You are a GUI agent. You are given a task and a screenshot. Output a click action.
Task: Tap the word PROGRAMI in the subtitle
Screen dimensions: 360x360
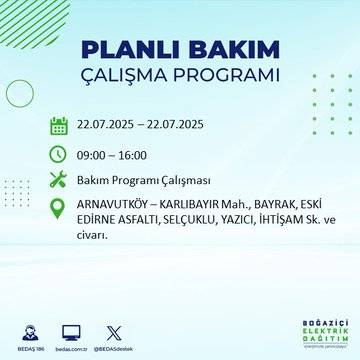(224, 76)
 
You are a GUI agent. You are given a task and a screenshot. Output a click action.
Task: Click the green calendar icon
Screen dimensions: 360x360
(59, 125)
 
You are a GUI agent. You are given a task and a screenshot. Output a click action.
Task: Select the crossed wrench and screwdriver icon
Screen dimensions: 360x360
(59, 181)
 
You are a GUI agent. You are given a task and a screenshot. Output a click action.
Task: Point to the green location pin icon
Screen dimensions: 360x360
(59, 209)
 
